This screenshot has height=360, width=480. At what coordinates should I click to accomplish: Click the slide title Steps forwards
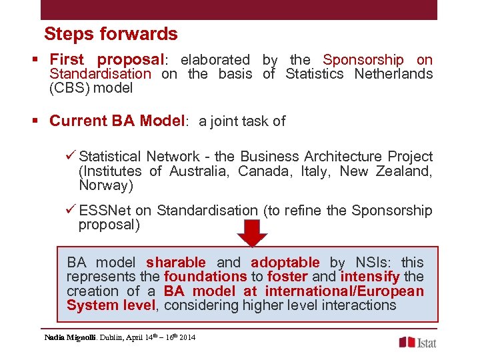coord(111,34)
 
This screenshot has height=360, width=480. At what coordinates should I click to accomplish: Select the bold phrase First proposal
coord(107,60)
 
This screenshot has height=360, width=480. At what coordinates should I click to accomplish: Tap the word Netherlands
coord(393,74)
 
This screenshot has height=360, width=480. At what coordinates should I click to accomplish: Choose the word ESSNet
coord(105,211)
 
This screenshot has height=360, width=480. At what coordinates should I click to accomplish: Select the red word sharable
coord(176,263)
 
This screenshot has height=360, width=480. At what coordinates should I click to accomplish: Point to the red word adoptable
coord(285,263)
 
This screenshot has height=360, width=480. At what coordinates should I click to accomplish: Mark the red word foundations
coord(205,277)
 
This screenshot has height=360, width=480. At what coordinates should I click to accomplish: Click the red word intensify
coord(370,277)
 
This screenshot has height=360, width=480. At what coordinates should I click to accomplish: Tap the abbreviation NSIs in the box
coord(373,263)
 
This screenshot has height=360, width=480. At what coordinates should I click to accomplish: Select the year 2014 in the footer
coord(187,338)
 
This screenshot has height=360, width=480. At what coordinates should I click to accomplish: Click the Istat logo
coord(418,342)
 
